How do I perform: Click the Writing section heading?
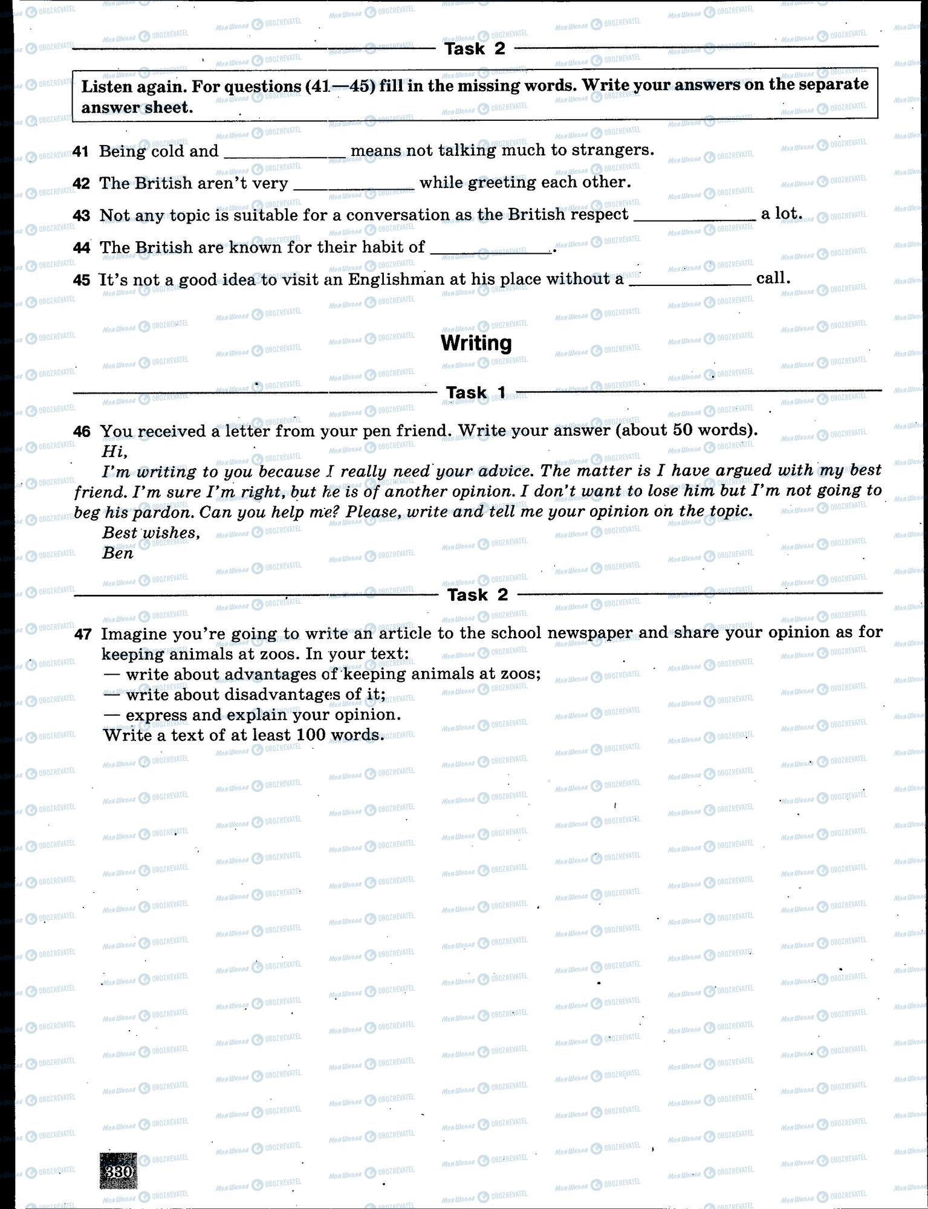[476, 343]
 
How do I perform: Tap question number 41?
[81, 151]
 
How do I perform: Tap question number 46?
[82, 432]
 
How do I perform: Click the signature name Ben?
[117, 553]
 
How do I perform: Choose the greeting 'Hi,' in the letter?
[115, 451]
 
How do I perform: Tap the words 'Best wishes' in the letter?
[151, 533]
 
